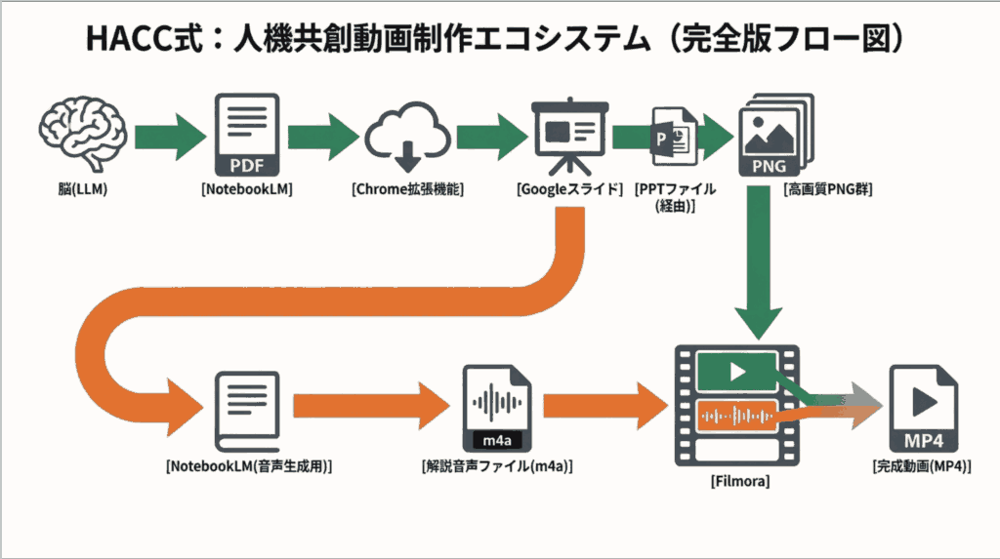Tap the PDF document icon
(x=246, y=134)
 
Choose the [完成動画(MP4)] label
(x=922, y=466)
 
